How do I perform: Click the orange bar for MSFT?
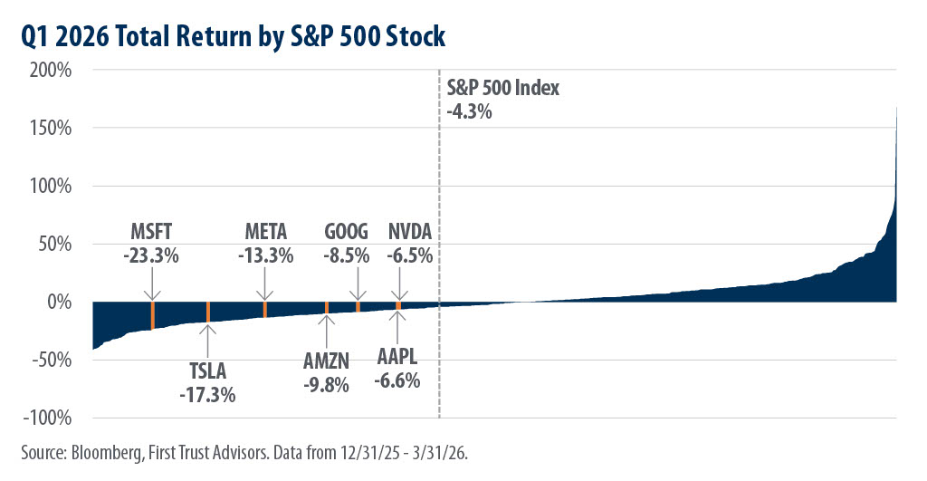152,314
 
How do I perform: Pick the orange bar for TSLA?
208,312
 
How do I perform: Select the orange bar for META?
265,309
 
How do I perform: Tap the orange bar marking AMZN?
327,308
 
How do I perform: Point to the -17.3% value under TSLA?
208,395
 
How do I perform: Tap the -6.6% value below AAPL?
398,380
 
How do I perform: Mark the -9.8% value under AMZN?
327,384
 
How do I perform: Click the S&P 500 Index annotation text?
503,89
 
